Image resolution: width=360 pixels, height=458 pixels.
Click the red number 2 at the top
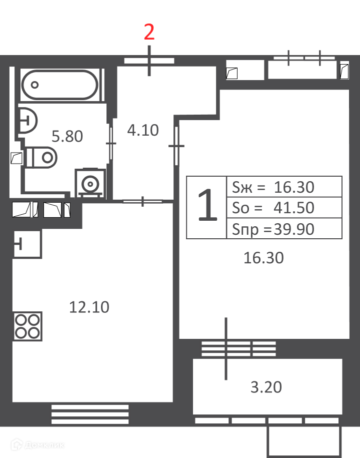click(x=149, y=32)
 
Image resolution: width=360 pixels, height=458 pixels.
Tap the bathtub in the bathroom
click(x=60, y=85)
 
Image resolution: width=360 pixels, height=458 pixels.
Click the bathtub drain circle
click(x=34, y=85)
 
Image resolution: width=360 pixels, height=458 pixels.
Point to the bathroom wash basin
click(x=28, y=120)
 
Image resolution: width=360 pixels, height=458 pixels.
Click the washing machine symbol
click(x=90, y=183)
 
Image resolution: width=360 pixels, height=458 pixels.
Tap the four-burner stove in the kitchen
click(x=27, y=326)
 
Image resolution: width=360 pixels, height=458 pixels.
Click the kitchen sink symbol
click(x=27, y=244)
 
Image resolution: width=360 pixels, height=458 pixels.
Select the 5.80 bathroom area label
click(x=67, y=137)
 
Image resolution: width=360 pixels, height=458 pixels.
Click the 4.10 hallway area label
click(x=143, y=130)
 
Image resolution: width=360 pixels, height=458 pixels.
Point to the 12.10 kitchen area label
click(x=89, y=307)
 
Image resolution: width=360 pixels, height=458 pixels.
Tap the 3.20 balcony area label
click(x=266, y=387)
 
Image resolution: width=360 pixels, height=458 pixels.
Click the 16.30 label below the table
click(x=263, y=258)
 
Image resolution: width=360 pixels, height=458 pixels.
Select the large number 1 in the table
click(x=207, y=205)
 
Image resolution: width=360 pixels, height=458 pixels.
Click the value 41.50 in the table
click(x=294, y=208)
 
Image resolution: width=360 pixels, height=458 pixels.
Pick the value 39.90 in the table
click(x=294, y=229)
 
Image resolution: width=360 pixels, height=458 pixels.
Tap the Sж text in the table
click(x=242, y=187)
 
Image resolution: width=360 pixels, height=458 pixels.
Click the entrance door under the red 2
click(x=149, y=61)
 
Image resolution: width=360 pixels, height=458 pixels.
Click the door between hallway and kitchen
click(x=142, y=201)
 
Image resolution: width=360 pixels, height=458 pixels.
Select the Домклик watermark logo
click(x=37, y=445)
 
